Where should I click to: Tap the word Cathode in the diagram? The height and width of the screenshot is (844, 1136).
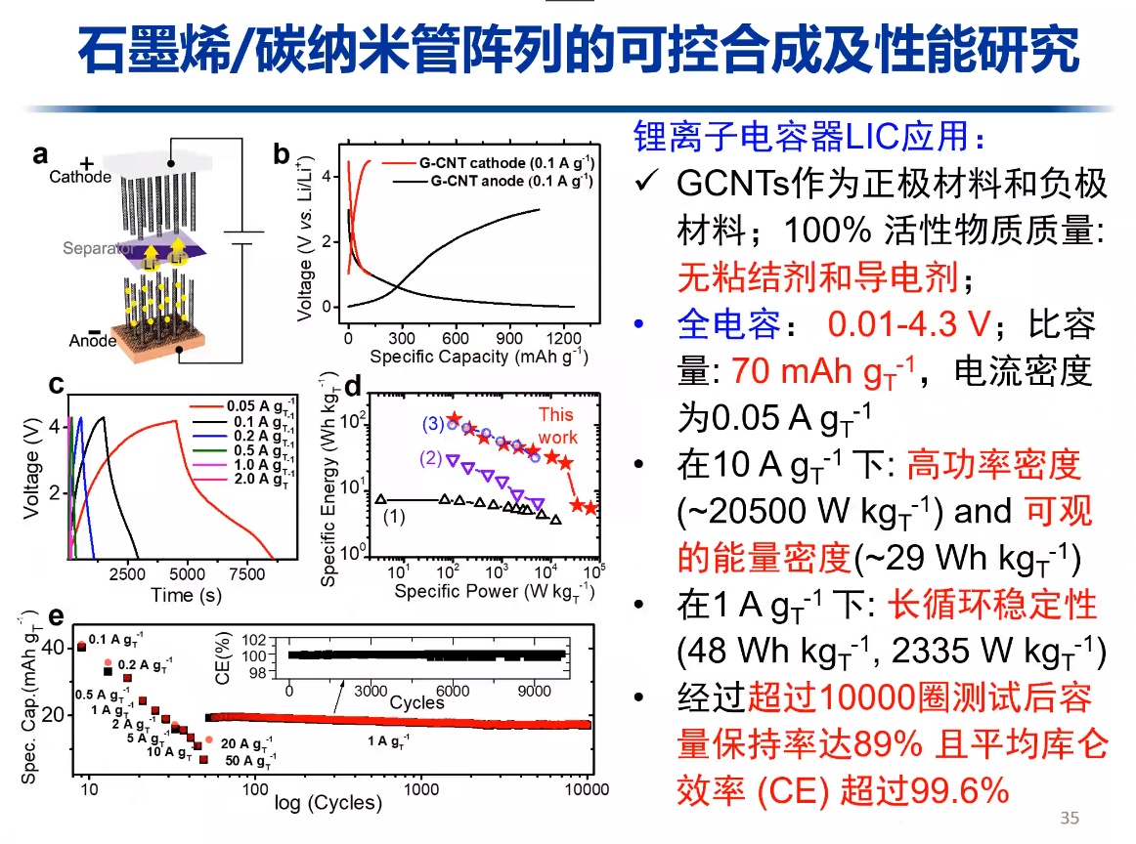80,177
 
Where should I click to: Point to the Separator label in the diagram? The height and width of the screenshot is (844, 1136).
95,248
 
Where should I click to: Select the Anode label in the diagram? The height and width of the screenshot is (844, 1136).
93,341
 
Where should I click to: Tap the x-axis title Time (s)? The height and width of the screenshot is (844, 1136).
186,595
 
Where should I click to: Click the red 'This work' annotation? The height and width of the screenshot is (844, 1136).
557,427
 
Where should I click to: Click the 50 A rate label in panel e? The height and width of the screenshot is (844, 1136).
249,759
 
